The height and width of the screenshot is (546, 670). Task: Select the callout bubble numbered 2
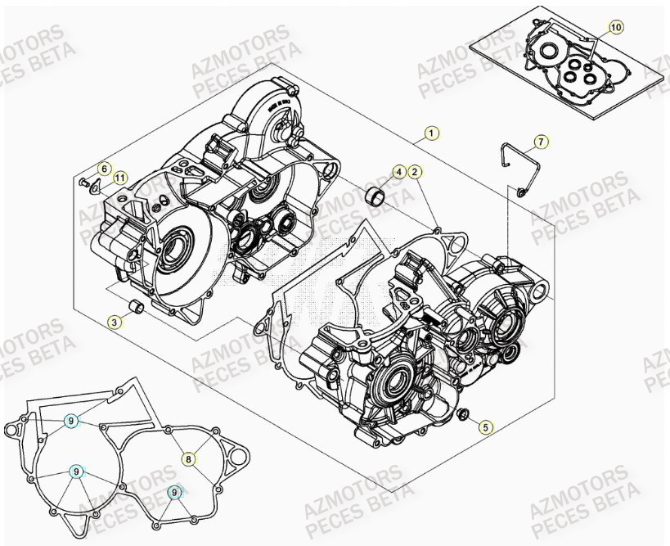pos(415,172)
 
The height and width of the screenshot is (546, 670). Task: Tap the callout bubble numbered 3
pos(115,323)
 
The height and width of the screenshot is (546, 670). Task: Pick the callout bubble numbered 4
pos(398,172)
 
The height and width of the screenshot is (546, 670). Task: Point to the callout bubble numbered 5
pos(486,426)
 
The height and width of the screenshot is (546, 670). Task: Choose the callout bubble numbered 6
pos(104,169)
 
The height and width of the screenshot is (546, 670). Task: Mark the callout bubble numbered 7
pos(541,142)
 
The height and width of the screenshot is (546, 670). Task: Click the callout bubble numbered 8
pos(188,459)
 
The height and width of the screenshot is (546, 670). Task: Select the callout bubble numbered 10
pos(616,28)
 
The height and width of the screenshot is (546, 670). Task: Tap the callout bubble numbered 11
pos(119,178)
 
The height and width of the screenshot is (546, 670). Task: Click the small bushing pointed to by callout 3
pos(138,308)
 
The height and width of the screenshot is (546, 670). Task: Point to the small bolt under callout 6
pos(83,182)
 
